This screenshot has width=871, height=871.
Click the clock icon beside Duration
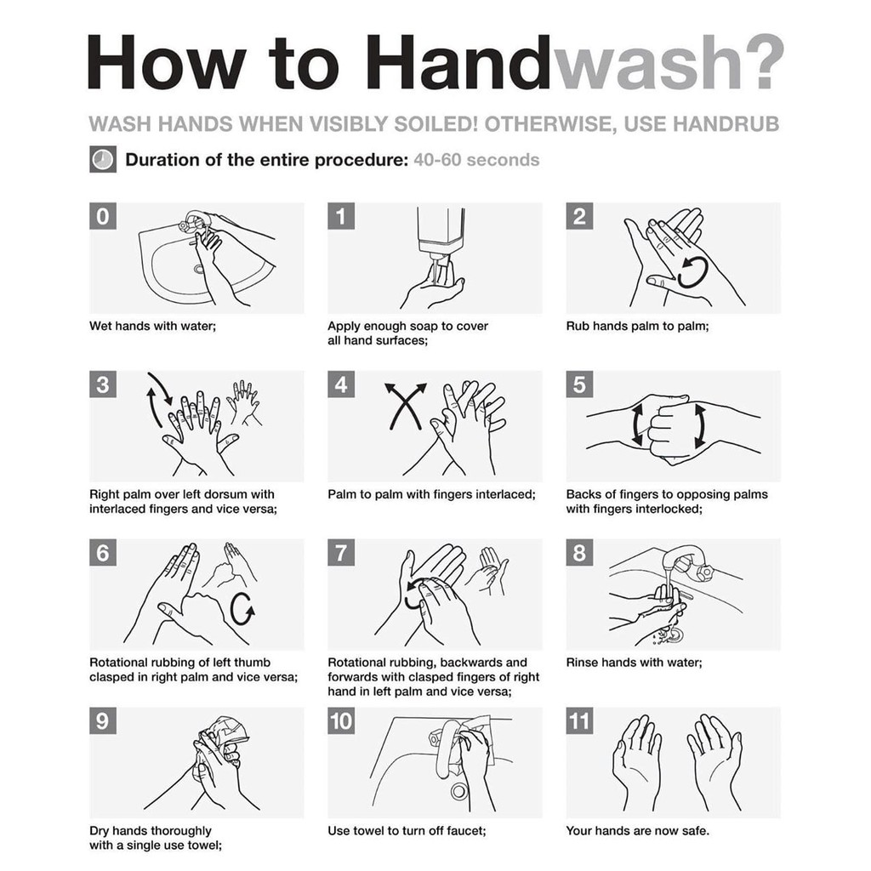(103, 159)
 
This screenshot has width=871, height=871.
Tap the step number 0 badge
(103, 216)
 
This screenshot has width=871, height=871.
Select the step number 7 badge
(341, 553)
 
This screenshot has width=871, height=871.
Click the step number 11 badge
(579, 721)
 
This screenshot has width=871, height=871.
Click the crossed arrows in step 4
(406, 406)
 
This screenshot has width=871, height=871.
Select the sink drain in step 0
(199, 270)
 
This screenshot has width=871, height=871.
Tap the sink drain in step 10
(458, 791)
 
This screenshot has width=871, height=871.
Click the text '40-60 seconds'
(476, 160)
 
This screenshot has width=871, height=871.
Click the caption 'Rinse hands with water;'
(634, 663)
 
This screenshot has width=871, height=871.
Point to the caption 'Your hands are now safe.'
(638, 831)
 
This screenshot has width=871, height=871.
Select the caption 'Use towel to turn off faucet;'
(407, 831)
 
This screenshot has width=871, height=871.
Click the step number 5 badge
(579, 384)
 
